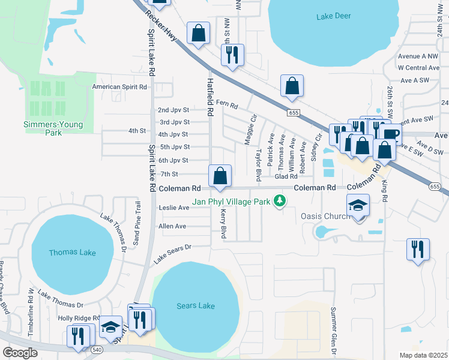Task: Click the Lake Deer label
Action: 333,17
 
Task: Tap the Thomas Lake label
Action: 72,253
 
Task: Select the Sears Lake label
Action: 196,306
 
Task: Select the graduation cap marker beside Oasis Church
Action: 358,206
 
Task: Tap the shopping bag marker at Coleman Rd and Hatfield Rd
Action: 220,176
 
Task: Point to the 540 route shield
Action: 98,349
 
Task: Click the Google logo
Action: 20,353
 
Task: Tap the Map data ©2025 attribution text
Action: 423,355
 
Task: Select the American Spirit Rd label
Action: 119,87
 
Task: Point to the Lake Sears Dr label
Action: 172,253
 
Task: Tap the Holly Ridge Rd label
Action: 79,318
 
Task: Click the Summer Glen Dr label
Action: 334,329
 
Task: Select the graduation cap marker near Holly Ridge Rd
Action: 110,327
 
